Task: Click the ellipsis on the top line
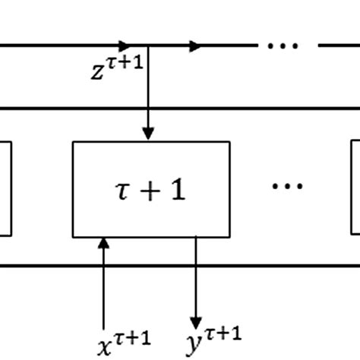(x=283, y=46)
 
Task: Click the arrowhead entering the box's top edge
(x=148, y=134)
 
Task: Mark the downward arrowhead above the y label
(x=196, y=322)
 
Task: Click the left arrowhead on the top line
(x=125, y=46)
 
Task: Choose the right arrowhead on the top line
(x=197, y=46)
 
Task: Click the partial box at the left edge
(x=5, y=188)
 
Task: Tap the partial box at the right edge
(x=355, y=188)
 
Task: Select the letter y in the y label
(x=194, y=343)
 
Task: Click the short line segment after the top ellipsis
(x=338, y=46)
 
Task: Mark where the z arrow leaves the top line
(x=148, y=46)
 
